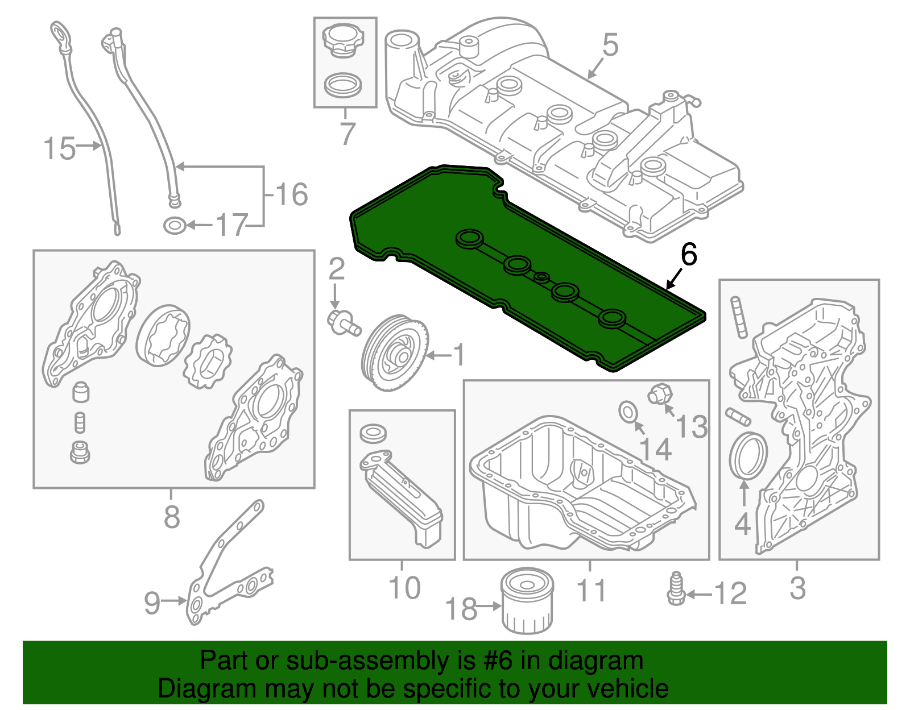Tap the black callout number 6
coord(688,255)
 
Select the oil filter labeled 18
coord(527,601)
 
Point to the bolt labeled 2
coord(343,321)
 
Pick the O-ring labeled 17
coord(175,226)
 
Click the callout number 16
coord(292,194)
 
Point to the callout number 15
coord(59,148)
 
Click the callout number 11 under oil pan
coord(591,590)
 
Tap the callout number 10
coord(404,588)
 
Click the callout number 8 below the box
coord(172,517)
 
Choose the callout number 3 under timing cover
coord(797,588)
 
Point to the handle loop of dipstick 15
coord(59,34)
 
